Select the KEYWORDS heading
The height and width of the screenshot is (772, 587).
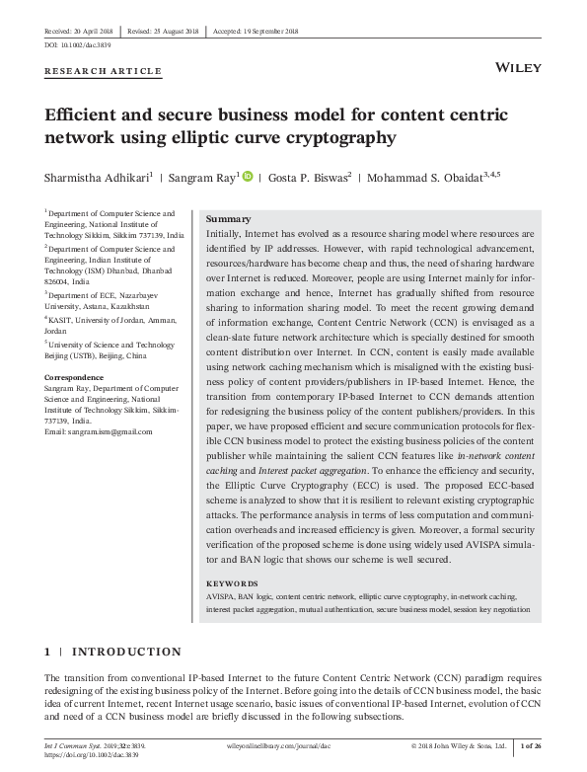[233, 583]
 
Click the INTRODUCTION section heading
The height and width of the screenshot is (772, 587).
[123, 652]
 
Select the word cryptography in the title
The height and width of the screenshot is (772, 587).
[320, 137]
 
